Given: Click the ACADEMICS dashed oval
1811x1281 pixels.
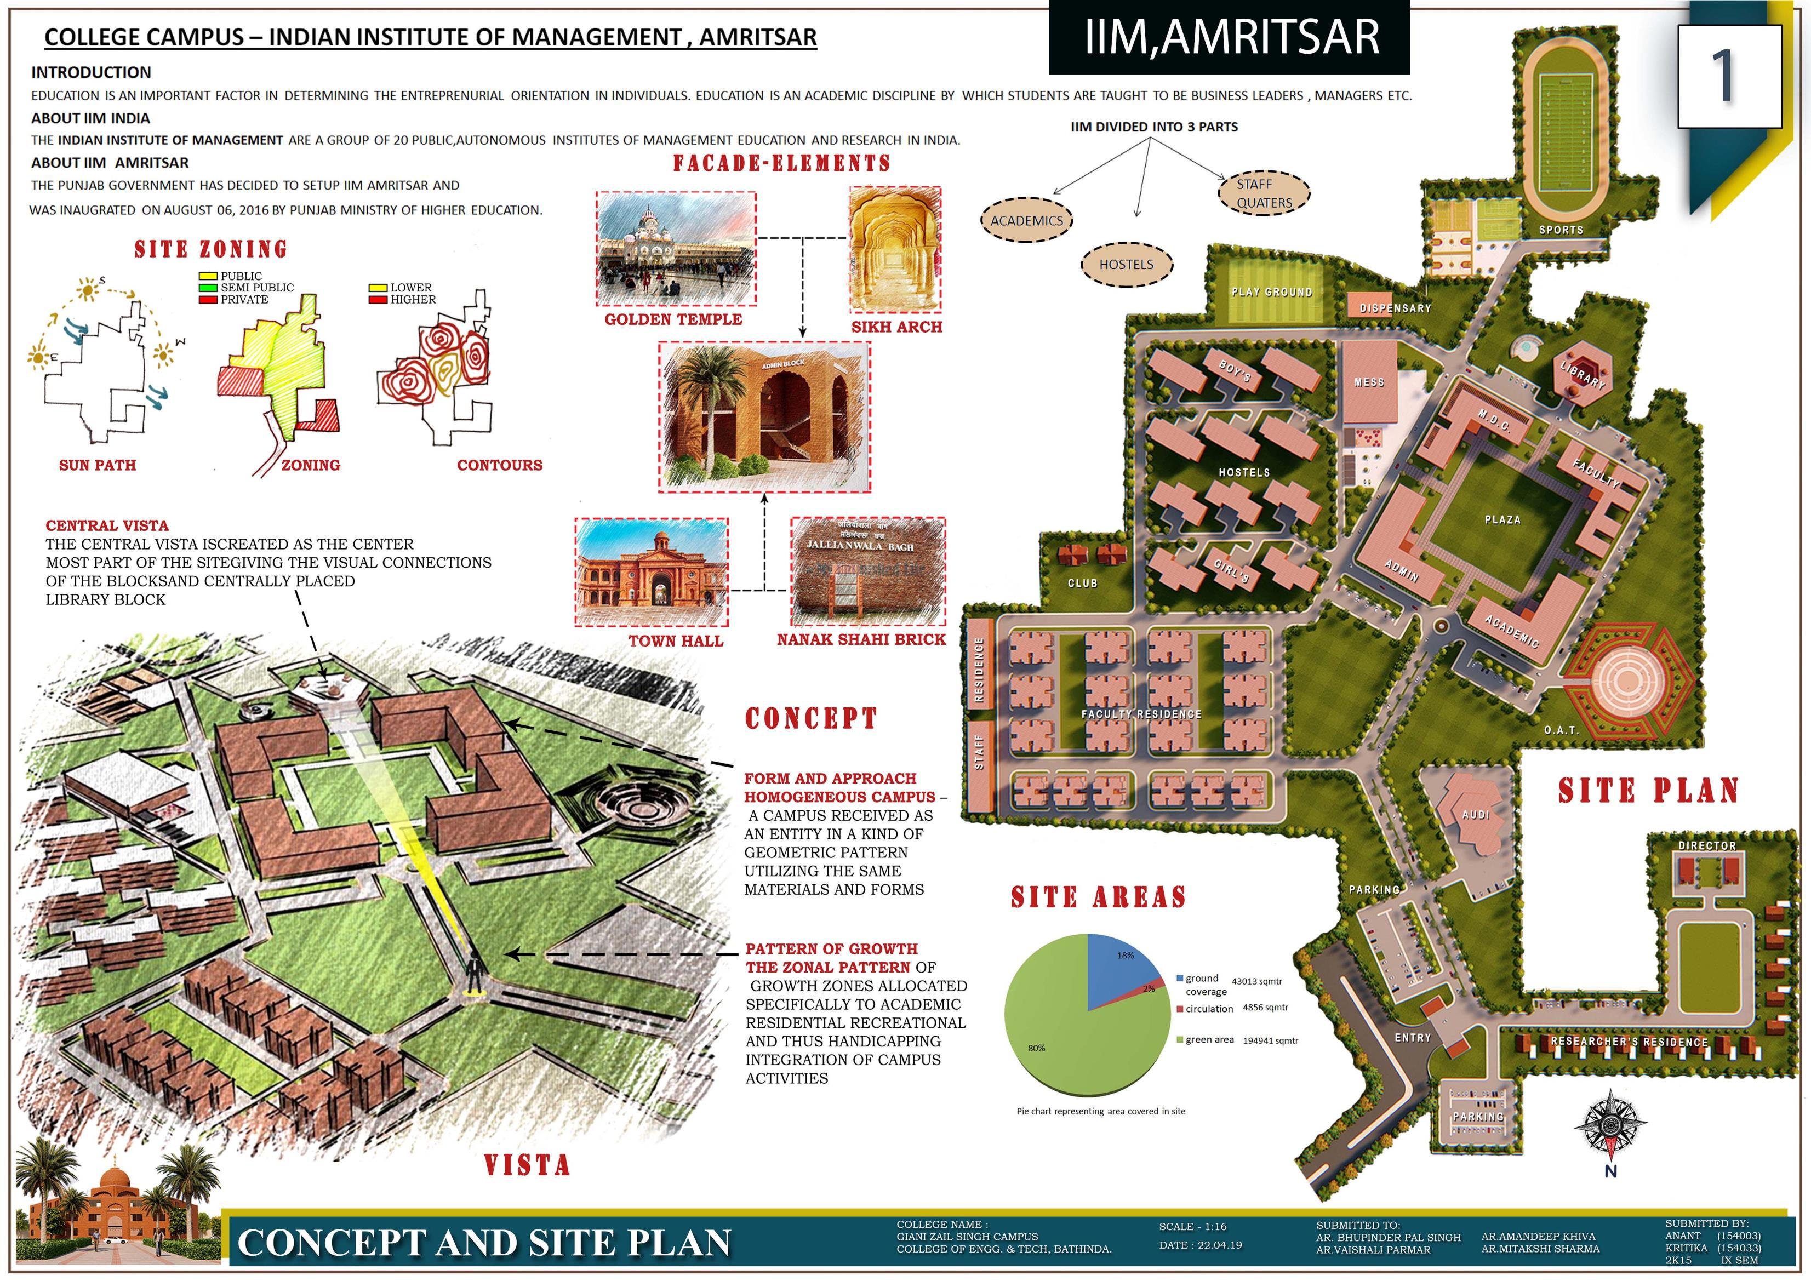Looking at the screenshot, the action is [x=1026, y=221].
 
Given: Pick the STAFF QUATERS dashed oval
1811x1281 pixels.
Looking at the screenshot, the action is [x=1264, y=193].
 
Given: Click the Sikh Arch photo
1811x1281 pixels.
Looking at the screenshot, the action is [x=895, y=251].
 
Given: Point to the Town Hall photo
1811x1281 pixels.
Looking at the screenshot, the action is [x=651, y=572].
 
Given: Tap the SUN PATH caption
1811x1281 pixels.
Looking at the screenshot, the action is [x=98, y=465].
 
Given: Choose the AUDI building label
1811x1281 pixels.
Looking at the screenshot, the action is [x=1475, y=815].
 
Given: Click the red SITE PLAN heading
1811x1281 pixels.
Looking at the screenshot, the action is [x=1648, y=791].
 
